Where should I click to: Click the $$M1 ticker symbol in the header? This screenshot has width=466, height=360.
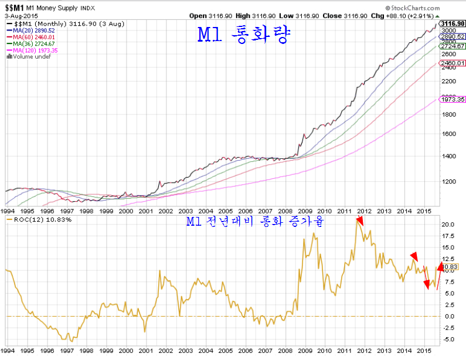point(15,6)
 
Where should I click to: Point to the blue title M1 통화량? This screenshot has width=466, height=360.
point(243,35)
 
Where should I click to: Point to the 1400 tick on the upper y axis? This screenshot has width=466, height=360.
point(449,156)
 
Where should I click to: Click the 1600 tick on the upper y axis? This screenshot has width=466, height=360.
point(449,133)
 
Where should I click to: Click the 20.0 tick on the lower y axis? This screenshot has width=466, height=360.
point(448,225)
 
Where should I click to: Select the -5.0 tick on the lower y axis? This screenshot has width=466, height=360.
point(448,339)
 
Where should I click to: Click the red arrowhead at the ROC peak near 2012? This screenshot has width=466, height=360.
point(359,221)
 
